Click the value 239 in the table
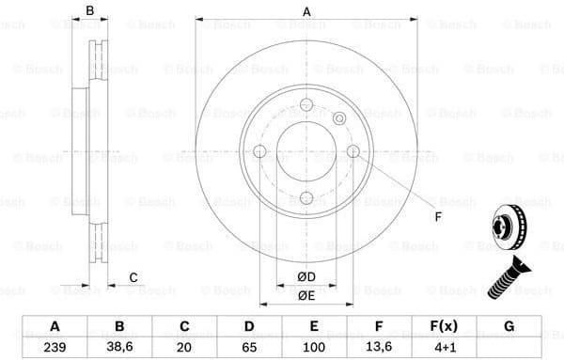pos(55,347)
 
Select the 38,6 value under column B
pos(119,347)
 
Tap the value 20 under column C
pos(184,347)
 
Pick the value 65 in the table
pos(249,347)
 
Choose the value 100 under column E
pos(314,347)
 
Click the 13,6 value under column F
pos(380,347)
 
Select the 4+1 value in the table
pos(445,347)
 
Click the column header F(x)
pos(445,326)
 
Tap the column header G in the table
pos(509,326)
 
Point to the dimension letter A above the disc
pos(305,11)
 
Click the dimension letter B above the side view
pos(90,11)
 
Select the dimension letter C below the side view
pos(133,276)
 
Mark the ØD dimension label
pos(305,275)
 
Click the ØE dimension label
pos(305,294)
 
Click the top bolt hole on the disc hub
pos(305,105)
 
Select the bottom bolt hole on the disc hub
pos(305,197)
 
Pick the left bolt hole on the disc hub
pos(259,151)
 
